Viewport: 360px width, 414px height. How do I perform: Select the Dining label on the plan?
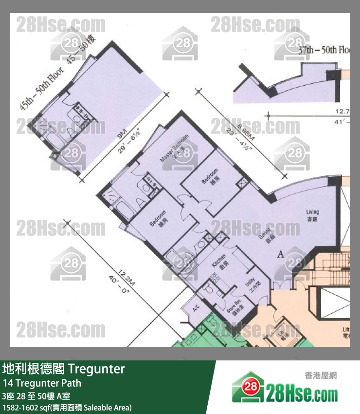[265, 237]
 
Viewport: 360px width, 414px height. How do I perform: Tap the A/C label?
[196, 309]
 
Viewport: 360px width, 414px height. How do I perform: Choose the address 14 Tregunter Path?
[42, 383]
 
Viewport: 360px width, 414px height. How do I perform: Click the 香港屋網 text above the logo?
[320, 376]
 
